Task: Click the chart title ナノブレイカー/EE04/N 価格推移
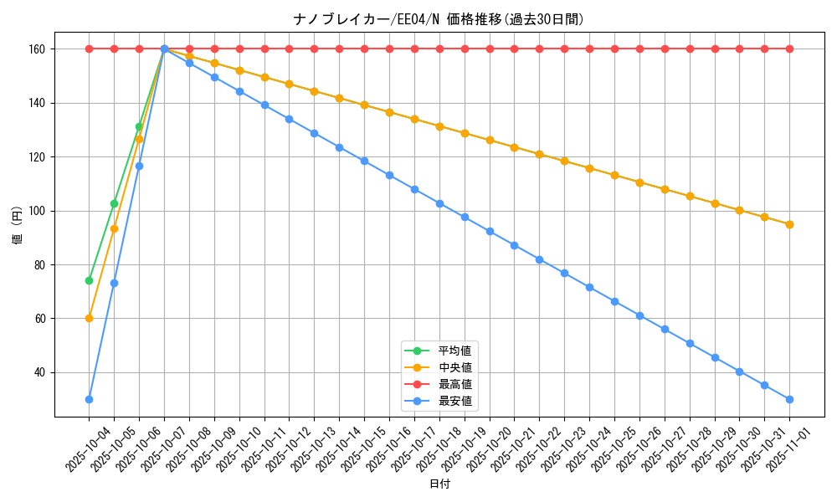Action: click(439, 19)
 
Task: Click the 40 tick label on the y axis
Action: click(41, 372)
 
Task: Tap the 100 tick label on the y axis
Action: click(39, 211)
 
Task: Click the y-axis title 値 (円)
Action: click(18, 226)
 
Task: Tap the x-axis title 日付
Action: click(439, 484)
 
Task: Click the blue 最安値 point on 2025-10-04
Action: click(89, 399)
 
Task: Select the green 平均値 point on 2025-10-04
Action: click(89, 280)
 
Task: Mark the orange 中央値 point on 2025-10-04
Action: click(89, 318)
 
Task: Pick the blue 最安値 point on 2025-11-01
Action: click(789, 399)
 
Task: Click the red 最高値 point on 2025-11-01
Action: click(789, 49)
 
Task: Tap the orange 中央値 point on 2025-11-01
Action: click(789, 224)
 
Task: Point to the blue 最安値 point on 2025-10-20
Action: click(490, 231)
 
